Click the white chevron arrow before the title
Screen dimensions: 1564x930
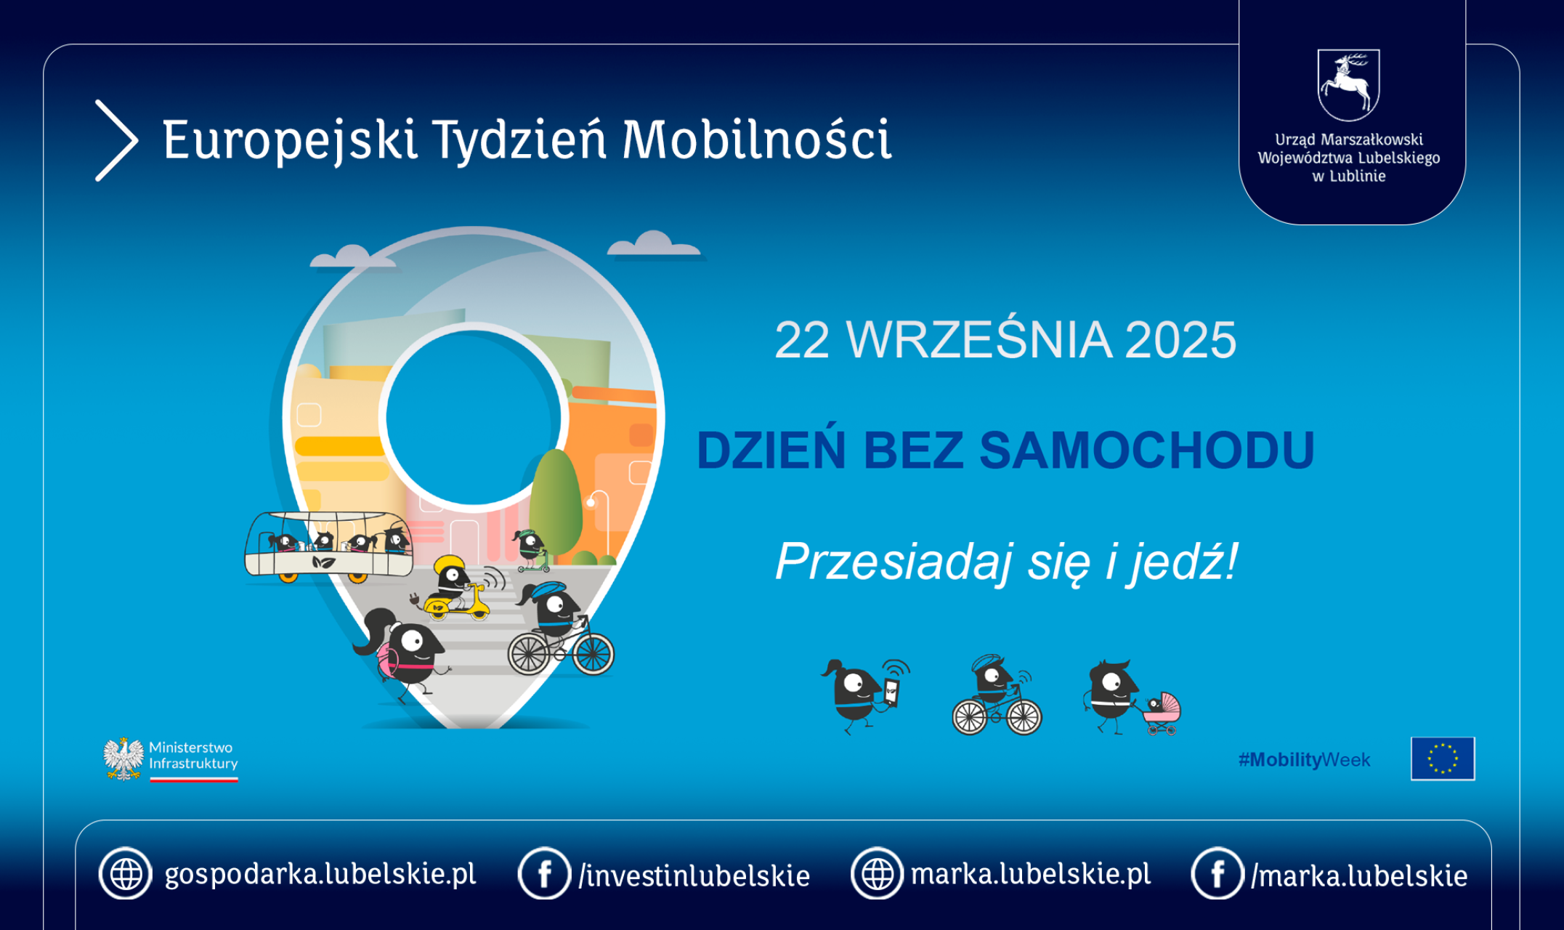(x=117, y=140)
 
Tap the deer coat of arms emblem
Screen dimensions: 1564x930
(x=1349, y=84)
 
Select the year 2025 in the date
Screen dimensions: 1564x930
(x=1180, y=339)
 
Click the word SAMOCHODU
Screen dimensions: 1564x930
(x=1147, y=450)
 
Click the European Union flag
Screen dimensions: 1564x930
(x=1443, y=759)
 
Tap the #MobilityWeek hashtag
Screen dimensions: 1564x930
(x=1304, y=760)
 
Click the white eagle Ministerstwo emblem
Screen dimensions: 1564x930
(x=123, y=759)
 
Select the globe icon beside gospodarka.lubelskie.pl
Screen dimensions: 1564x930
(x=126, y=873)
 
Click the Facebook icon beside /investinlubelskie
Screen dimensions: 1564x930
(x=544, y=873)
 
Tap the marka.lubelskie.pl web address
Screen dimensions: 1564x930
(x=1031, y=874)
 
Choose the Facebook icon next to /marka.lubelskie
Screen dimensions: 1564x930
(x=1217, y=873)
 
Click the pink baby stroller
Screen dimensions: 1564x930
(x=1162, y=713)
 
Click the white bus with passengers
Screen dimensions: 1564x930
(x=328, y=546)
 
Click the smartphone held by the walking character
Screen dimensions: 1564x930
(x=891, y=692)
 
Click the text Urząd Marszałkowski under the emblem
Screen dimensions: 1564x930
(x=1349, y=139)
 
